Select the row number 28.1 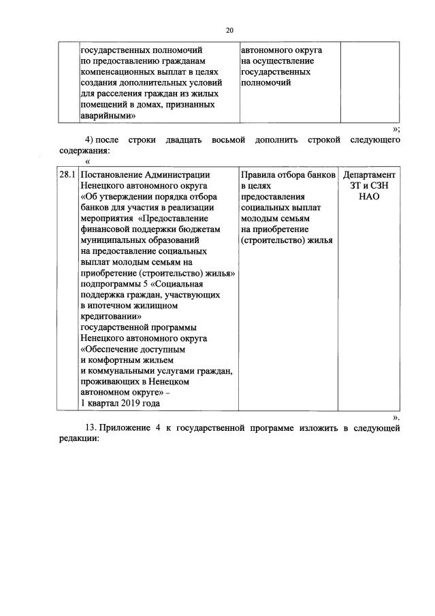click(67, 174)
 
